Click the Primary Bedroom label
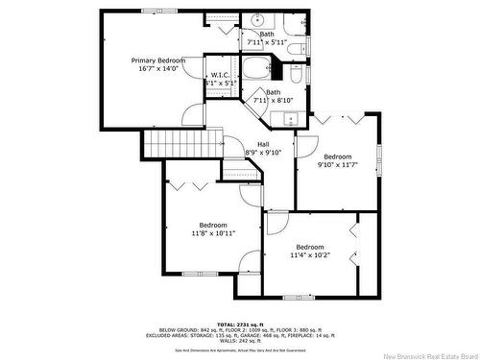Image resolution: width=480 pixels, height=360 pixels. point(158,60)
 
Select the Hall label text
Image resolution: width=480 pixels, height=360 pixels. point(262,145)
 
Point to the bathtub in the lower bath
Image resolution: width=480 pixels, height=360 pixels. point(255,69)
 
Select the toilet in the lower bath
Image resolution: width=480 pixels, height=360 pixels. point(296,74)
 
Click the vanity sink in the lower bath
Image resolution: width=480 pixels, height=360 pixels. point(289,119)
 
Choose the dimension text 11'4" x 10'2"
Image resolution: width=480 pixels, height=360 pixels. point(309,255)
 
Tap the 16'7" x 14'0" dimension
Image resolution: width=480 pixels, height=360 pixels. point(158,69)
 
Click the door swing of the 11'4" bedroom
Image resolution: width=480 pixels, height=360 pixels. point(276,224)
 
